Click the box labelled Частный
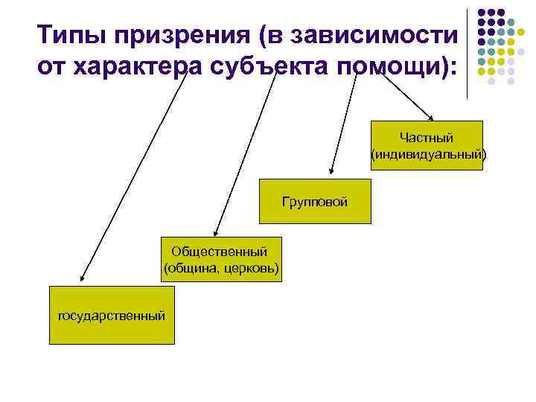pos(427,145)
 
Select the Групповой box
pos(314,201)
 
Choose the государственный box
pos(112,315)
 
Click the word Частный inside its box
pos(427,138)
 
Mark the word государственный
pos(112,316)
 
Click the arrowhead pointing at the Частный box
pos(431,117)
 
